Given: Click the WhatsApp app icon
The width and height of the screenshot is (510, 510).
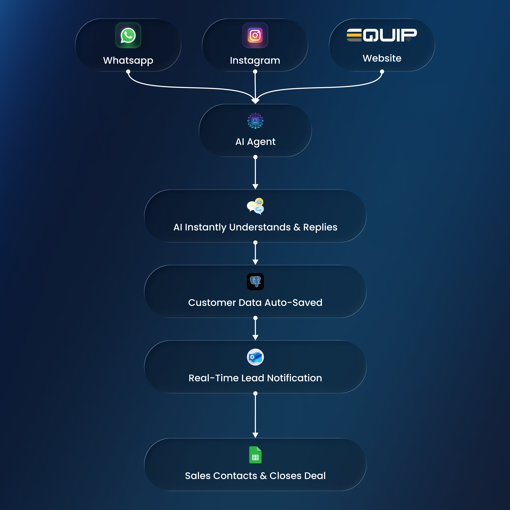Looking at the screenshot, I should click(x=128, y=35).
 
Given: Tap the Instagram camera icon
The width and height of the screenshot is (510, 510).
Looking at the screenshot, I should click(x=255, y=35).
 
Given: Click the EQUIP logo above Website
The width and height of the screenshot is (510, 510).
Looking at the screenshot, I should click(x=382, y=35).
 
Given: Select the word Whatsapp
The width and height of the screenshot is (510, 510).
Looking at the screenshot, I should click(x=128, y=60).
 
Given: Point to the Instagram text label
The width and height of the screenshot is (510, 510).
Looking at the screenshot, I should click(x=255, y=60).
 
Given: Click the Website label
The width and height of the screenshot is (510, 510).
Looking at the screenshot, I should click(x=382, y=58).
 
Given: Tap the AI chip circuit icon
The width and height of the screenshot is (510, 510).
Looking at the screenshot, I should click(x=255, y=121).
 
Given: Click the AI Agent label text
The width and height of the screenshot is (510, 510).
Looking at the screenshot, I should click(x=255, y=142).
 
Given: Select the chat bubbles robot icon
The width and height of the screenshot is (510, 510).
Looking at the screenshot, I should click(x=255, y=206).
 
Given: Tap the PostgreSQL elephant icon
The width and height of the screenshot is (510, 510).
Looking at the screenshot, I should click(x=255, y=282).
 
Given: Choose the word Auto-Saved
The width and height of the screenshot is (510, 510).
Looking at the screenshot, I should click(x=293, y=302).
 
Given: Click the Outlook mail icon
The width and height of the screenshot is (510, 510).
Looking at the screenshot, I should click(x=255, y=357).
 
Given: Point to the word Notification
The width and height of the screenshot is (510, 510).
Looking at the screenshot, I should click(x=294, y=378).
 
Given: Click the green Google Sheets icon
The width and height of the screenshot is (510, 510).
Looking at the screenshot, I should click(x=255, y=455).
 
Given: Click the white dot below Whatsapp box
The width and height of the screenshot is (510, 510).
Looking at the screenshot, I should click(x=128, y=72).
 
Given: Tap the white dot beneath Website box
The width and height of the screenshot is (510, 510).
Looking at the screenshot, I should click(x=382, y=72).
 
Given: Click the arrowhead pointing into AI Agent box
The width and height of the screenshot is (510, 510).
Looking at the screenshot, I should click(x=255, y=101).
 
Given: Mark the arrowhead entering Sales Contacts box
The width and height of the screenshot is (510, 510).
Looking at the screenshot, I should click(x=255, y=435).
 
